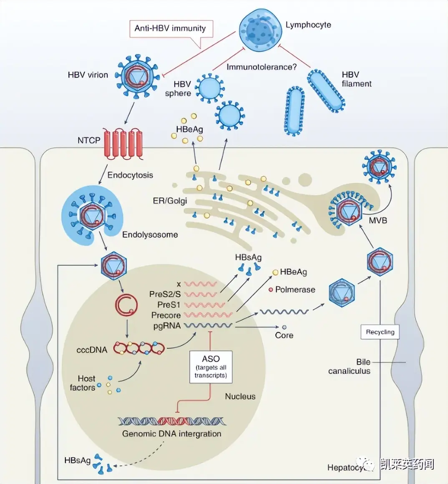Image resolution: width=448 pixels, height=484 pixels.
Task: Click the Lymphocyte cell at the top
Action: pyautogui.click(x=261, y=30)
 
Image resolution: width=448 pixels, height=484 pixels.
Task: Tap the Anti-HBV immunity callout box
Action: pyautogui.click(x=171, y=29)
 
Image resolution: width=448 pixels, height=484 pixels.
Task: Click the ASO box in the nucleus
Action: pyautogui.click(x=211, y=367)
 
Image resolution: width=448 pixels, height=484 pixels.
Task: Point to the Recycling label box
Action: pyautogui.click(x=380, y=332)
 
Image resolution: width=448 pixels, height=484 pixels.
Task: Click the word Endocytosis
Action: pyautogui.click(x=130, y=175)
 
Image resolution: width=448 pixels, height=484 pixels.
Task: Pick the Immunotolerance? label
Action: pyautogui.click(x=262, y=67)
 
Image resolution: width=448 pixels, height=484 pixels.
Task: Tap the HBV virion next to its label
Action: pyautogui.click(x=137, y=76)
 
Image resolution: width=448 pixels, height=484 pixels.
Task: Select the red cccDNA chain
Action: pyautogui.click(x=139, y=348)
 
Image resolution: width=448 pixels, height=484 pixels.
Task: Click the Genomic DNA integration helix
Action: pyautogui.click(x=172, y=421)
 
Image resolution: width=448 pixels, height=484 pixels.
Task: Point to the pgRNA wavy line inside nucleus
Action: pyautogui.click(x=208, y=325)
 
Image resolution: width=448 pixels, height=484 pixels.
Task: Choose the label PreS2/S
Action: pyautogui.click(x=165, y=294)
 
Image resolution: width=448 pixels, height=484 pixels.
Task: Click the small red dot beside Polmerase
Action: pyautogui.click(x=271, y=290)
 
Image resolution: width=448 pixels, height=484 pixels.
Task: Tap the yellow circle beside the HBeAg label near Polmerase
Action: pyautogui.click(x=276, y=272)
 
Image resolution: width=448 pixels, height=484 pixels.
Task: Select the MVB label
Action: pyautogui.click(x=378, y=220)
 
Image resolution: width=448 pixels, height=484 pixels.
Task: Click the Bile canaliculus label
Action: pyautogui.click(x=349, y=366)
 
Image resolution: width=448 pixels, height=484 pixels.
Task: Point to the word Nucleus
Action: pyautogui.click(x=240, y=396)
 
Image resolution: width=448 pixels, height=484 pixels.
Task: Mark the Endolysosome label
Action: pyautogui.click(x=150, y=234)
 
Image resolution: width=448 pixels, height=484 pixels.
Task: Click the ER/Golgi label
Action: pyautogui.click(x=170, y=201)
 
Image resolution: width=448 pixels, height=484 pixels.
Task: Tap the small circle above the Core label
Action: pyautogui.click(x=284, y=327)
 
